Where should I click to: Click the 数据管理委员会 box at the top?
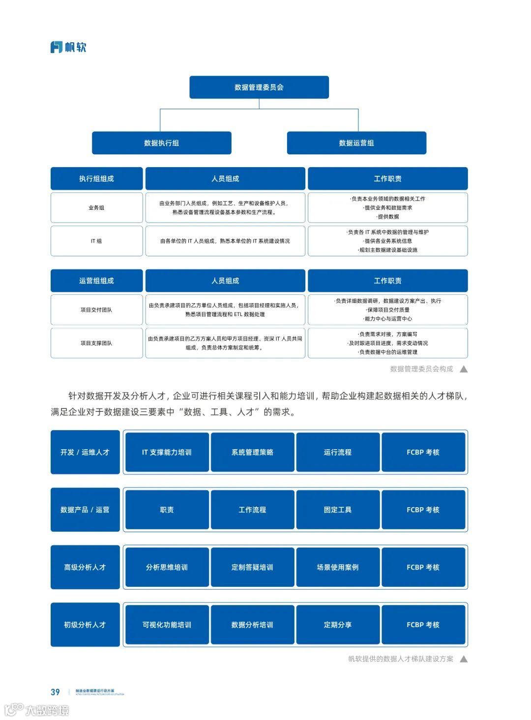click(259, 87)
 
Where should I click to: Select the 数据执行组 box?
click(161, 143)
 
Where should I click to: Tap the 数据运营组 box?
click(356, 143)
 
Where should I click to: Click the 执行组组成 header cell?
click(96, 179)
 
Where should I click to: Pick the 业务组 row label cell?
click(96, 208)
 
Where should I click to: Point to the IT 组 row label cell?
click(96, 241)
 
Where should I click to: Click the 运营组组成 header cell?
click(96, 281)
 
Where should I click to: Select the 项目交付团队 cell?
click(96, 310)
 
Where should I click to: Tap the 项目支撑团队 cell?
click(96, 343)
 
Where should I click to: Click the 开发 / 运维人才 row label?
click(85, 452)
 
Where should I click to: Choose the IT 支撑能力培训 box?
click(167, 452)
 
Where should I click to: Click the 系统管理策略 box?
click(252, 452)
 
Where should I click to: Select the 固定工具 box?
click(338, 510)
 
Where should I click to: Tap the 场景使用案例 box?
click(338, 567)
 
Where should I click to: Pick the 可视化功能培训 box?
click(167, 625)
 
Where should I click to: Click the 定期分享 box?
click(338, 625)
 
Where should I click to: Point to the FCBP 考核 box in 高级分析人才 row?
click(423, 567)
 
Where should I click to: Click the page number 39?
click(55, 692)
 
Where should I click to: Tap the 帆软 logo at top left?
click(68, 47)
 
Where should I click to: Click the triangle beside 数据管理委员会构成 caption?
click(464, 369)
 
